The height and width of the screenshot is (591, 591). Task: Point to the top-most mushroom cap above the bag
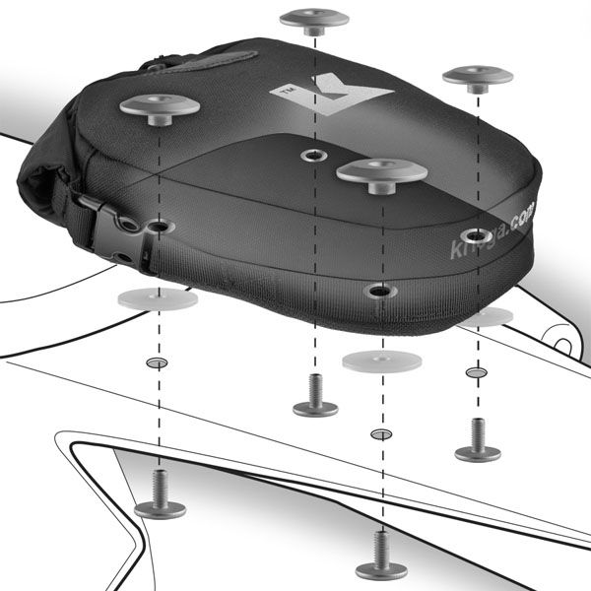[314, 20]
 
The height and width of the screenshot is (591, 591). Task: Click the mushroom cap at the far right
[478, 77]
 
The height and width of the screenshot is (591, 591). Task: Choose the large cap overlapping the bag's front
[381, 173]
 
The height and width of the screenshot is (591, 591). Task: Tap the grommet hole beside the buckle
[158, 229]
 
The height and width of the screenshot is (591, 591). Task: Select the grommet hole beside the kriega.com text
[477, 236]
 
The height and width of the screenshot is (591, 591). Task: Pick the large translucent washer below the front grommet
[381, 360]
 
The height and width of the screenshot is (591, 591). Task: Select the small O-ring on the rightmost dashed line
[477, 373]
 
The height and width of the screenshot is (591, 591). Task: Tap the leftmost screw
[159, 496]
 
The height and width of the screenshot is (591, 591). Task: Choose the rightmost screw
[477, 439]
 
